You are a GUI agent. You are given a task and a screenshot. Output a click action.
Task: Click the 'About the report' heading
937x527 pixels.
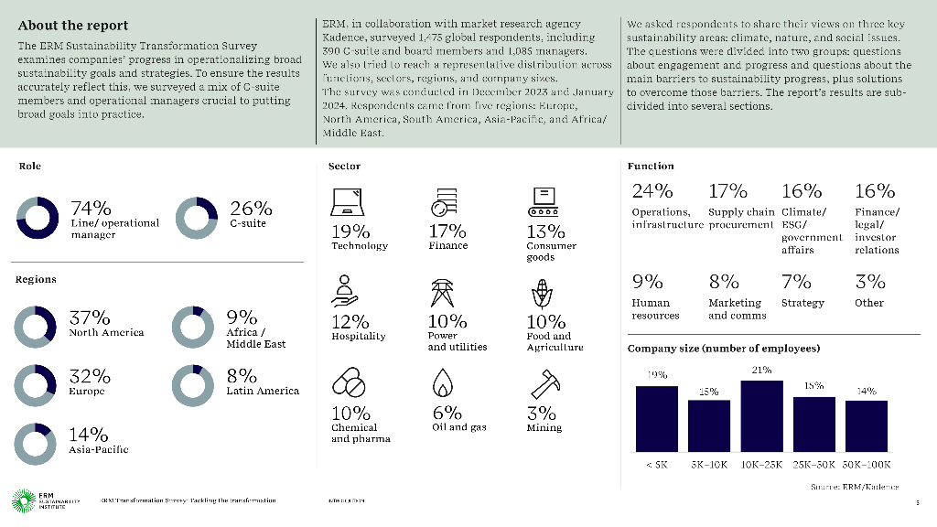(73, 26)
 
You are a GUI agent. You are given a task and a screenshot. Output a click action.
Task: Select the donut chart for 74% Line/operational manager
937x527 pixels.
(38, 218)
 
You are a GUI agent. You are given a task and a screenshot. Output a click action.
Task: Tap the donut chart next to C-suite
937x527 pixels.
(196, 218)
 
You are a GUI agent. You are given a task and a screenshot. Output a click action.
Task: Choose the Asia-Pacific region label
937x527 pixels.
(99, 449)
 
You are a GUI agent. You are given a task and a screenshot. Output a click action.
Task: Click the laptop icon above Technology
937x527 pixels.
(346, 201)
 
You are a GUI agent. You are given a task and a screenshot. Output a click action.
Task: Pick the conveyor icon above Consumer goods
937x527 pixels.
(544, 201)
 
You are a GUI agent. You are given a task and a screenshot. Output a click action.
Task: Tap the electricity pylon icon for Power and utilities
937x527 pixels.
(443, 294)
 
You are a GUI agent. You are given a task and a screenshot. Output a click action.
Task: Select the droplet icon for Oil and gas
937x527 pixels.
(443, 382)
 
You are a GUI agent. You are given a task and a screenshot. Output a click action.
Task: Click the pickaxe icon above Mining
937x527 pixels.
(543, 382)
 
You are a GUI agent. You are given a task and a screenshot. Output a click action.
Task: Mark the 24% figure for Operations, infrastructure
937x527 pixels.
(652, 191)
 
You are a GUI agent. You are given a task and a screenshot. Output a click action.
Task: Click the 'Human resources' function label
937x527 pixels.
(655, 309)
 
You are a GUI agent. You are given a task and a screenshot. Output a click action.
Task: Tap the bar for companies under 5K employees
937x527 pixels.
(657, 418)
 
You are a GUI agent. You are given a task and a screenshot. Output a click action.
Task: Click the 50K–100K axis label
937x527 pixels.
(866, 464)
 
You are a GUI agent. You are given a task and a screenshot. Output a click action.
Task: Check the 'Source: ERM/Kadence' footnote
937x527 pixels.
(855, 487)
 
